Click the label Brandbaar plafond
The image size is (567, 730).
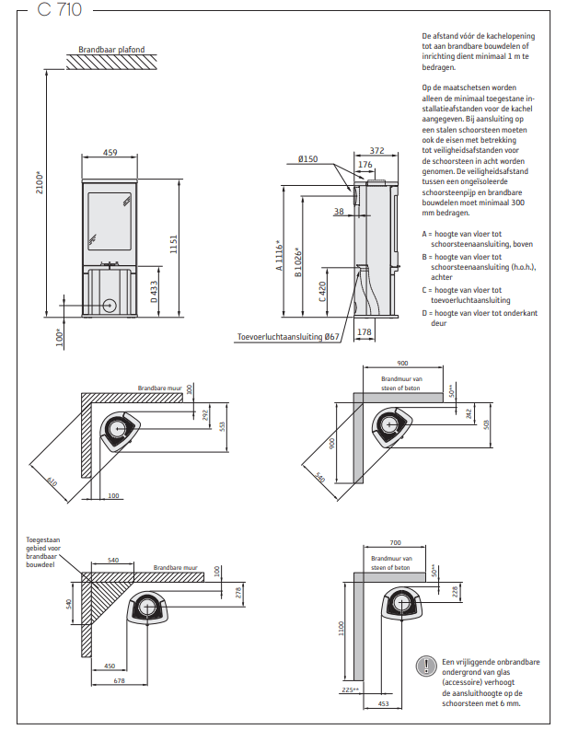tap(112, 50)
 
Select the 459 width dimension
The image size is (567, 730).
tap(110, 153)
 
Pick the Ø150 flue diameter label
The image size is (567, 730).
tap(308, 160)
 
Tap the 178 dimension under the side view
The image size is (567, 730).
tap(364, 332)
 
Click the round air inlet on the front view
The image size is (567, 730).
tap(110, 304)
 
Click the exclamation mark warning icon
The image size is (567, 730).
tap(425, 664)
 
